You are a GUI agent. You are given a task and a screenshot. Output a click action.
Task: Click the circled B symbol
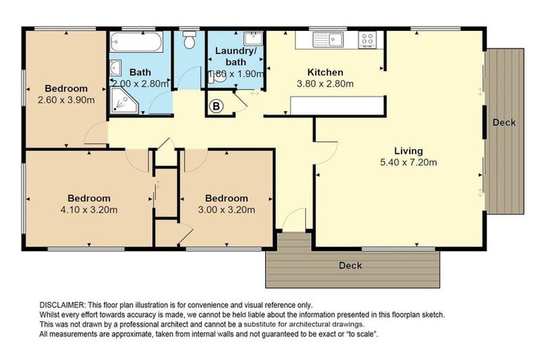click(x=217, y=105)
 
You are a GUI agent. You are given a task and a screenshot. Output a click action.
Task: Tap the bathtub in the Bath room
click(x=136, y=42)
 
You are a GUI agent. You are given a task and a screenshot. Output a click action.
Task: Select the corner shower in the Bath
click(x=124, y=101)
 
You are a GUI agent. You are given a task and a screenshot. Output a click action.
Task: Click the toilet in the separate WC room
click(x=189, y=39)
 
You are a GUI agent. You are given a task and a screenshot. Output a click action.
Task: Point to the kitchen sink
click(x=328, y=39)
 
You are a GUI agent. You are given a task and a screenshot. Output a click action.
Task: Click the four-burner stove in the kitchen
click(x=367, y=39)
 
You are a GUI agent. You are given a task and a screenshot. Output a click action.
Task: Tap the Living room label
click(x=409, y=151)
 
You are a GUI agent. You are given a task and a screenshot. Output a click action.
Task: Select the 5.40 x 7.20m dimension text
click(x=409, y=162)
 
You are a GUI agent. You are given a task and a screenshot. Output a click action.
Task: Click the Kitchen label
click(x=325, y=72)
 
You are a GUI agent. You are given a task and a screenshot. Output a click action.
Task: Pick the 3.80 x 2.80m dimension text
click(x=325, y=84)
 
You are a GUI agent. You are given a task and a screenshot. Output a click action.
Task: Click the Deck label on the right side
click(x=504, y=122)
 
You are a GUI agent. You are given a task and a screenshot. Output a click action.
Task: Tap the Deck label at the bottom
click(x=350, y=265)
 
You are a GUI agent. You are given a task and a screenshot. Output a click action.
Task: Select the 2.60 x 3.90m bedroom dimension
click(x=66, y=101)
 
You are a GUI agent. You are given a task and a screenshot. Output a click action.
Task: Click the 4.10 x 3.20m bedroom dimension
click(x=89, y=210)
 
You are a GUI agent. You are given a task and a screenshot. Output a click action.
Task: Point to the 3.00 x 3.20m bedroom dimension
click(x=226, y=210)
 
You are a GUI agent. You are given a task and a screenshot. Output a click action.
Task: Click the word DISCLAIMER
click(x=62, y=305)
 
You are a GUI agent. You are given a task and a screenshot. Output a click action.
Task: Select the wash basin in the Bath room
click(x=115, y=68)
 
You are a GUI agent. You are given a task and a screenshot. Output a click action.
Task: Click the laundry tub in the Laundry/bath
click(x=253, y=38)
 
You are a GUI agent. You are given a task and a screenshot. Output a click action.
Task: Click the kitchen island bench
click(x=337, y=105)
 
